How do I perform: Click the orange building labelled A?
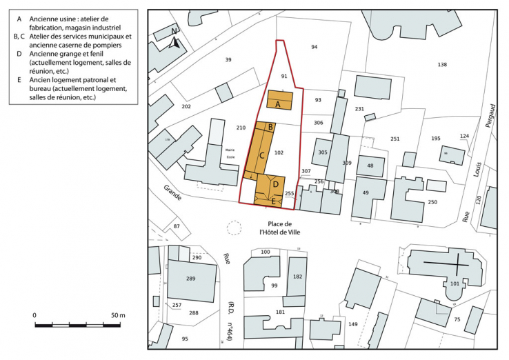pyautogui.click(x=278, y=103)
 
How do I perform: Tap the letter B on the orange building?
pyautogui.click(x=272, y=127)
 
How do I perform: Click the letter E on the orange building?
pyautogui.click(x=274, y=201)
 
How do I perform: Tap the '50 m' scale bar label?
pyautogui.click(x=118, y=315)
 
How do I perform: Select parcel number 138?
pyautogui.click(x=442, y=65)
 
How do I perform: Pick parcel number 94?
pyautogui.click(x=314, y=47)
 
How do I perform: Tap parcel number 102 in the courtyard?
pyautogui.click(x=279, y=152)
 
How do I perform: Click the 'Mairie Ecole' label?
pyautogui.click(x=229, y=153)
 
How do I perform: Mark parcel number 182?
pyautogui.click(x=297, y=277)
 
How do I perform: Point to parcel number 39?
pyautogui.click(x=228, y=61)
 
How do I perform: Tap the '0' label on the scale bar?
pyautogui.click(x=34, y=315)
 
